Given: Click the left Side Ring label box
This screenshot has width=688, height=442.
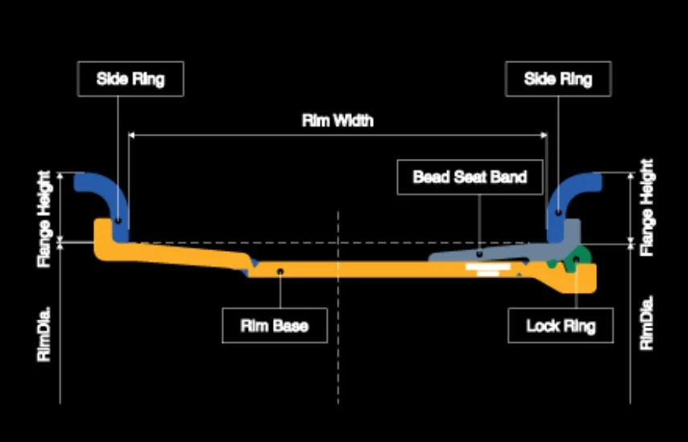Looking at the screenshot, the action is point(131,79).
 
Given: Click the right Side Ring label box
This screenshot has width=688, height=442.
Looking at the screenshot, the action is point(558,79).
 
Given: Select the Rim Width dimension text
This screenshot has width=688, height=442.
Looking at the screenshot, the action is point(338,120).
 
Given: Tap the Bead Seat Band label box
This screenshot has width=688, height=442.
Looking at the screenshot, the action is point(470,177).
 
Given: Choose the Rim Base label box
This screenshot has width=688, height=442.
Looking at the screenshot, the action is point(275,326).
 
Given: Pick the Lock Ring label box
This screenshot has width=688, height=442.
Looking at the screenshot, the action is point(561,326).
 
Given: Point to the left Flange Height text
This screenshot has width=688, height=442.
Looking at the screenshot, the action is point(44,219).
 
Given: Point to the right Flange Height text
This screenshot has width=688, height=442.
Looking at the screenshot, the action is point(647,208).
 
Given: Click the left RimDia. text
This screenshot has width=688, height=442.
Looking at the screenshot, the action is point(44,334).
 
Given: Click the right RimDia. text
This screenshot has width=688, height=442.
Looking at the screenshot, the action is point(647,323).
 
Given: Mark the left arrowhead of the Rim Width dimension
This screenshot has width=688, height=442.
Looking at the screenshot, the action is point(131,136).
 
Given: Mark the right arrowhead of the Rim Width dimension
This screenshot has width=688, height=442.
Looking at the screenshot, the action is point(545,136).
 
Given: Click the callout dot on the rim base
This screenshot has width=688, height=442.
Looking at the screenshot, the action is point(280,272).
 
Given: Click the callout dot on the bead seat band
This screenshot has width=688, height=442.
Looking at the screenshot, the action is point(479,254).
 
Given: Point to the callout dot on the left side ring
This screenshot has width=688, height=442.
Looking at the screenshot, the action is point(118,219).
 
